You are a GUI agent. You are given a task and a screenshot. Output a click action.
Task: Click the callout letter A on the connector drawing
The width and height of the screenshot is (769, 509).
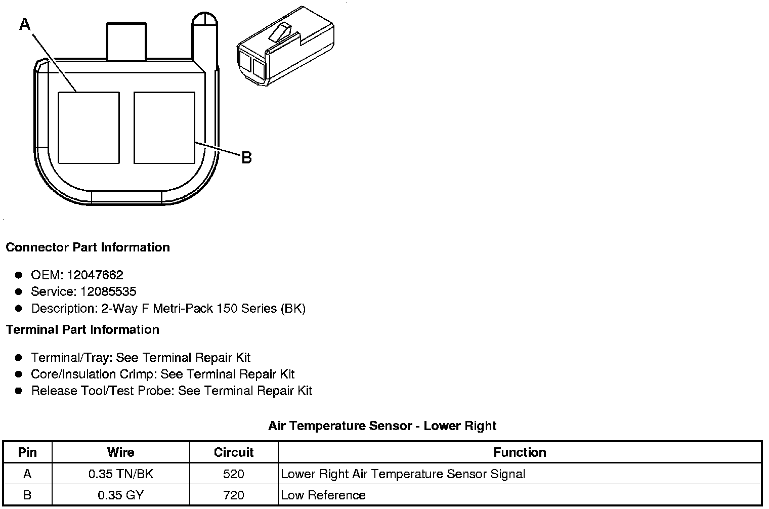(x=25, y=24)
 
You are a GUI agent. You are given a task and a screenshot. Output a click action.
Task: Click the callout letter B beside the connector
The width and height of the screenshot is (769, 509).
(x=246, y=158)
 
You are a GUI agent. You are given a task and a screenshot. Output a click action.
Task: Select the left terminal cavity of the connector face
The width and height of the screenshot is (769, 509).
(x=89, y=128)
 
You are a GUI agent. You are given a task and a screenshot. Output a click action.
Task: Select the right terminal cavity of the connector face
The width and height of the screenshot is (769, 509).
(x=164, y=128)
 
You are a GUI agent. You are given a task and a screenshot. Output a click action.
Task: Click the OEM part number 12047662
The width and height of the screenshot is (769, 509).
(x=95, y=275)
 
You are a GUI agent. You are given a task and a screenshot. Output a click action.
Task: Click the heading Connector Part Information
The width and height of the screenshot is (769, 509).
(x=88, y=247)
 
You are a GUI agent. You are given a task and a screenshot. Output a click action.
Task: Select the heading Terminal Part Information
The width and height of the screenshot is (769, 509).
(x=82, y=330)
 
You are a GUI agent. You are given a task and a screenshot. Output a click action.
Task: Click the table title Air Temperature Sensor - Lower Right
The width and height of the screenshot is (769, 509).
(x=382, y=426)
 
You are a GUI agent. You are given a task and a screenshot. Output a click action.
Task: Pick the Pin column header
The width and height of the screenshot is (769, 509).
(x=27, y=452)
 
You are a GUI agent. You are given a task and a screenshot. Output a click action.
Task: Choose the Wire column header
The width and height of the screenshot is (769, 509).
(x=121, y=452)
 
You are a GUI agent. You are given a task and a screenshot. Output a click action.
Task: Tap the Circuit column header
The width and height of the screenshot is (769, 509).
(x=234, y=452)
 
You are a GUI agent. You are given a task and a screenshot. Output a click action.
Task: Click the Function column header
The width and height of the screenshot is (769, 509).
(x=520, y=452)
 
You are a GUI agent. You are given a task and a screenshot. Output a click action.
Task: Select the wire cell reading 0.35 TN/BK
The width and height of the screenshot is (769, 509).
(x=121, y=474)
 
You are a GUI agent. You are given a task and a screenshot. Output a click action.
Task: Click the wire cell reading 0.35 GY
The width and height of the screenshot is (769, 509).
(x=121, y=495)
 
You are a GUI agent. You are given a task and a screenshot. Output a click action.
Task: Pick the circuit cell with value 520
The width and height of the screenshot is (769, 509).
(x=234, y=474)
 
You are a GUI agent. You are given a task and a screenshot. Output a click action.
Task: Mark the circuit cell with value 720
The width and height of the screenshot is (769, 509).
(x=234, y=495)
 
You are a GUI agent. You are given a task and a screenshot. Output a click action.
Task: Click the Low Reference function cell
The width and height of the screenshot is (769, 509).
(x=323, y=495)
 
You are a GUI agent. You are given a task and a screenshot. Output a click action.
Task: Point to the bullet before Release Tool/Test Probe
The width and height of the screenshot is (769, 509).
(x=19, y=391)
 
